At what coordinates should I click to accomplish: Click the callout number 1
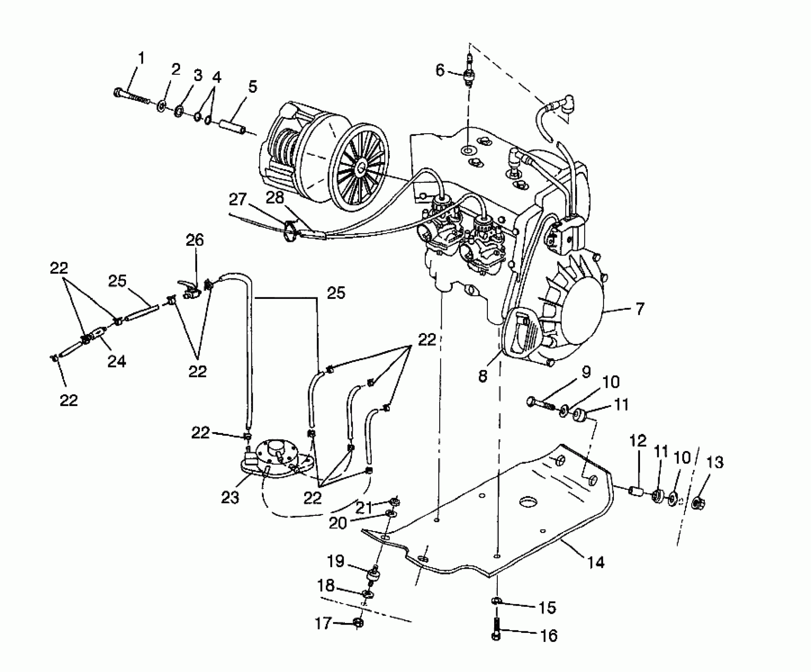pos(141,59)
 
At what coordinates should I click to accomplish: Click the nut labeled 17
pos(358,623)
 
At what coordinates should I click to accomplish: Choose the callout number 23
pos(230,497)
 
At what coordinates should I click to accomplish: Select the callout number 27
pos(238,200)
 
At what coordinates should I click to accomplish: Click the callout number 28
pos(275,198)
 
